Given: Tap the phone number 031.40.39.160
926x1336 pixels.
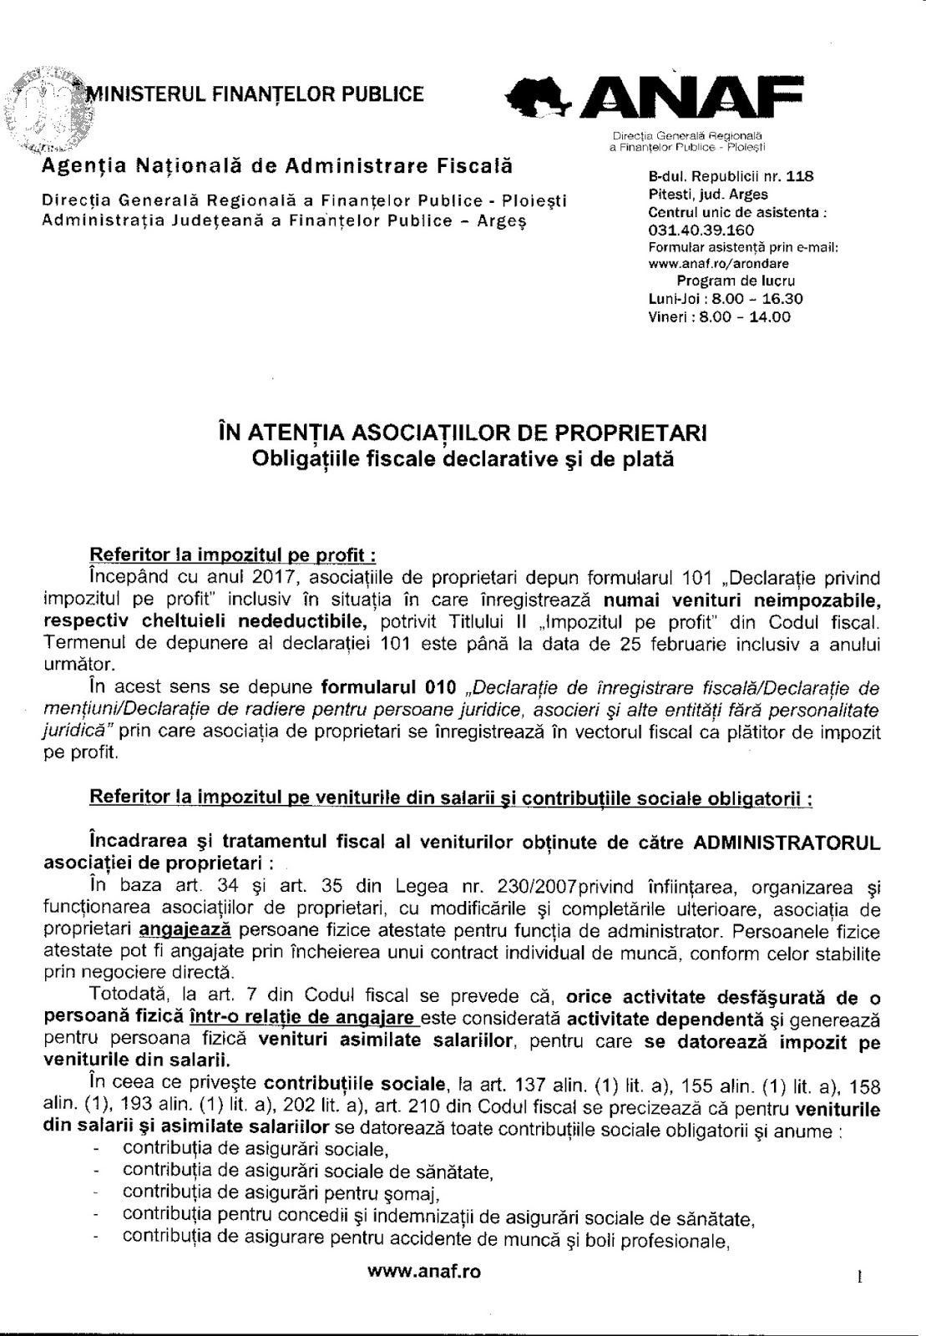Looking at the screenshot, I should point(701,230).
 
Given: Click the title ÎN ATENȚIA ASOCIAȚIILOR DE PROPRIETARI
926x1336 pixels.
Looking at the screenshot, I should point(462,434).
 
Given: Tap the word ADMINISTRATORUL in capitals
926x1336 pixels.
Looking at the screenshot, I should point(787,843).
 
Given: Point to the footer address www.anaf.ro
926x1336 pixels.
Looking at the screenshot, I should point(424,1273).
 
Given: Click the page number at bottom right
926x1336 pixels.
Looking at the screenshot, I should point(858,1277).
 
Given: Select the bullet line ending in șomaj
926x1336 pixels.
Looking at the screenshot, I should point(281,1192).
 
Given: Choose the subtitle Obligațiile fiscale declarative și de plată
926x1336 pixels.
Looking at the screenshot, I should point(462,459).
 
